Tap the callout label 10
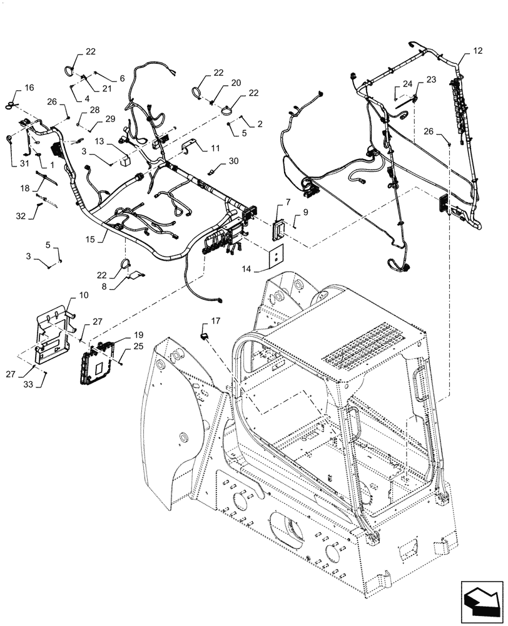tap(66, 295)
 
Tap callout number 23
tap(431, 80)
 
